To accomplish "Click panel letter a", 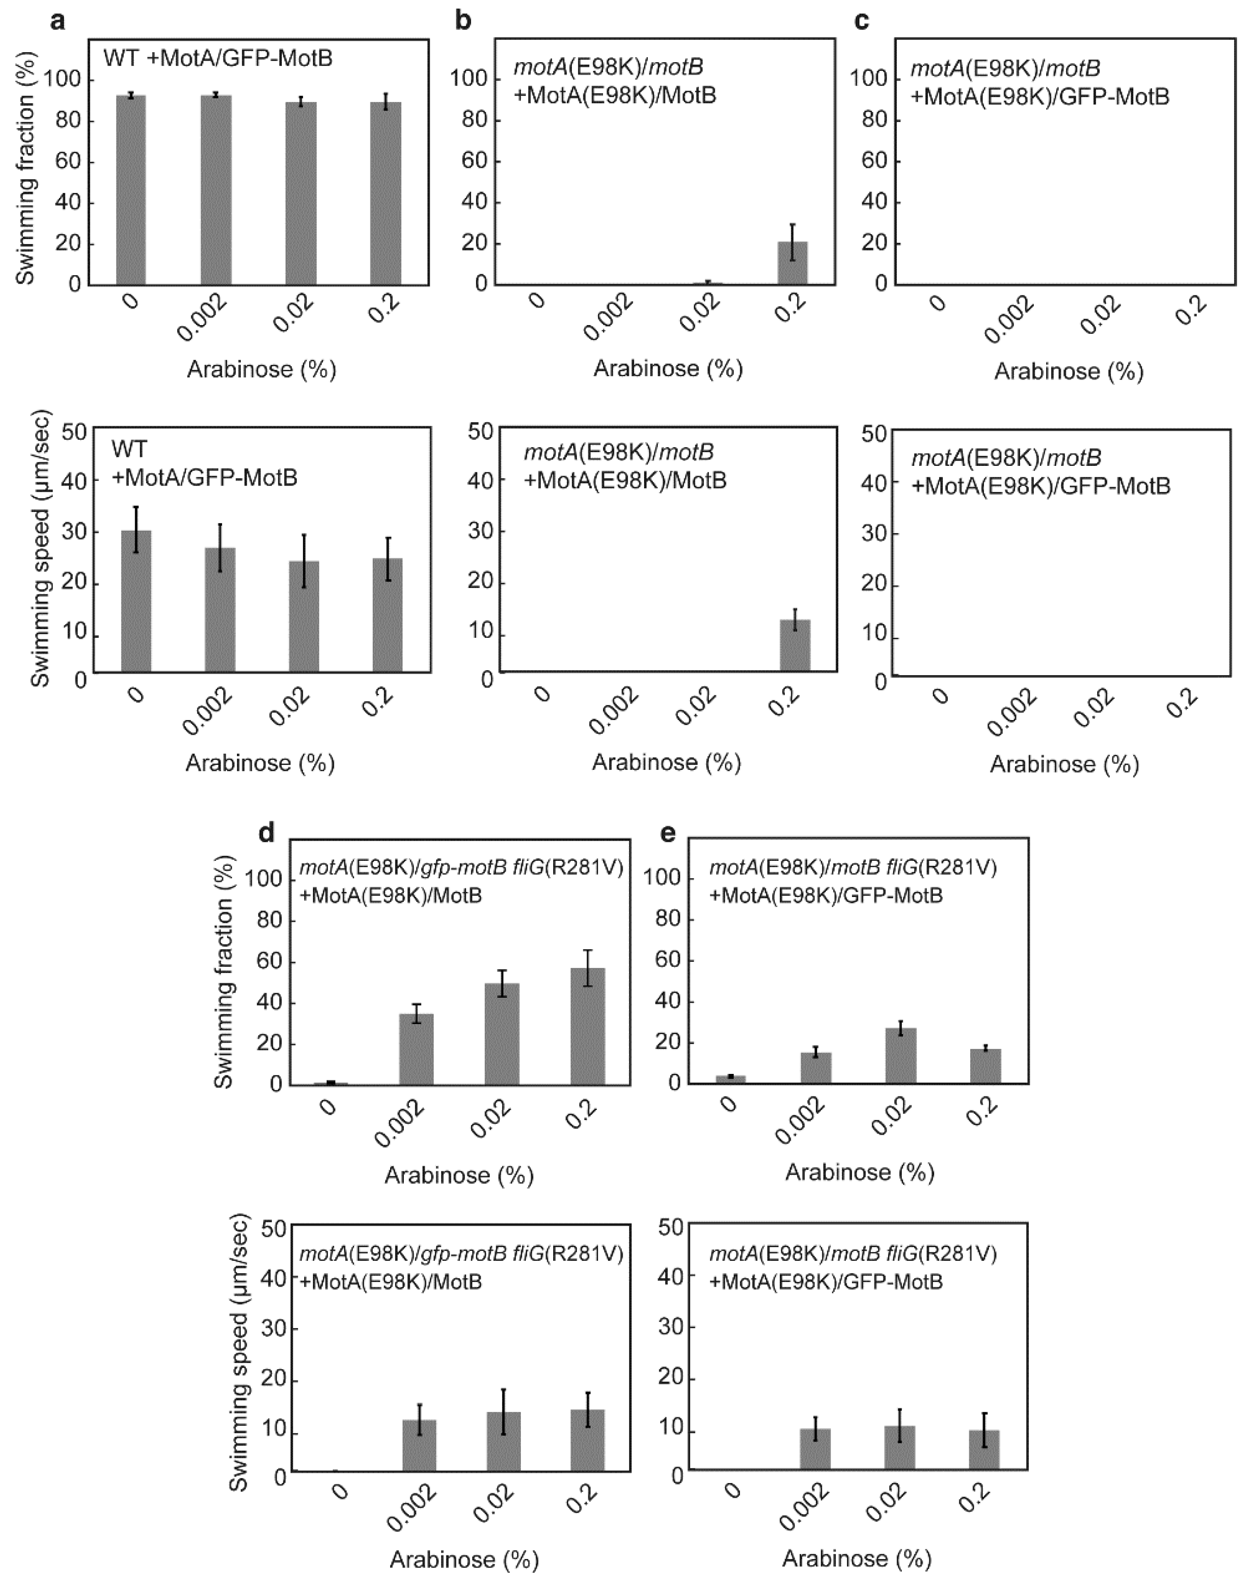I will tap(58, 21).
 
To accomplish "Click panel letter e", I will tap(667, 833).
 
